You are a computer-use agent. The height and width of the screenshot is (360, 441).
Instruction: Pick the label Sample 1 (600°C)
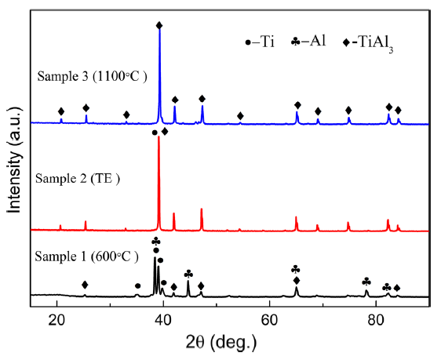click(87, 256)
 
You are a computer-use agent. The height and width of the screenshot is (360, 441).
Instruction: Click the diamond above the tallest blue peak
click(159, 26)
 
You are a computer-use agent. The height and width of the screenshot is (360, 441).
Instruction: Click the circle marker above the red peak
click(155, 133)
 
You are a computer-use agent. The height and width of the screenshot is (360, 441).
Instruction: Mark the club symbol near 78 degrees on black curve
click(366, 281)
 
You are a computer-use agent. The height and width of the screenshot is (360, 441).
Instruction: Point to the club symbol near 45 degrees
click(188, 274)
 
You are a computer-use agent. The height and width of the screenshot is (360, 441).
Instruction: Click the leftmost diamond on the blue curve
click(61, 111)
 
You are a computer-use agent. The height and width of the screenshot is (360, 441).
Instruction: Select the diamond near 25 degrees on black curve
click(85, 285)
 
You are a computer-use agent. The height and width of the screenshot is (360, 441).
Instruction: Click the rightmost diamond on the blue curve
click(398, 111)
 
